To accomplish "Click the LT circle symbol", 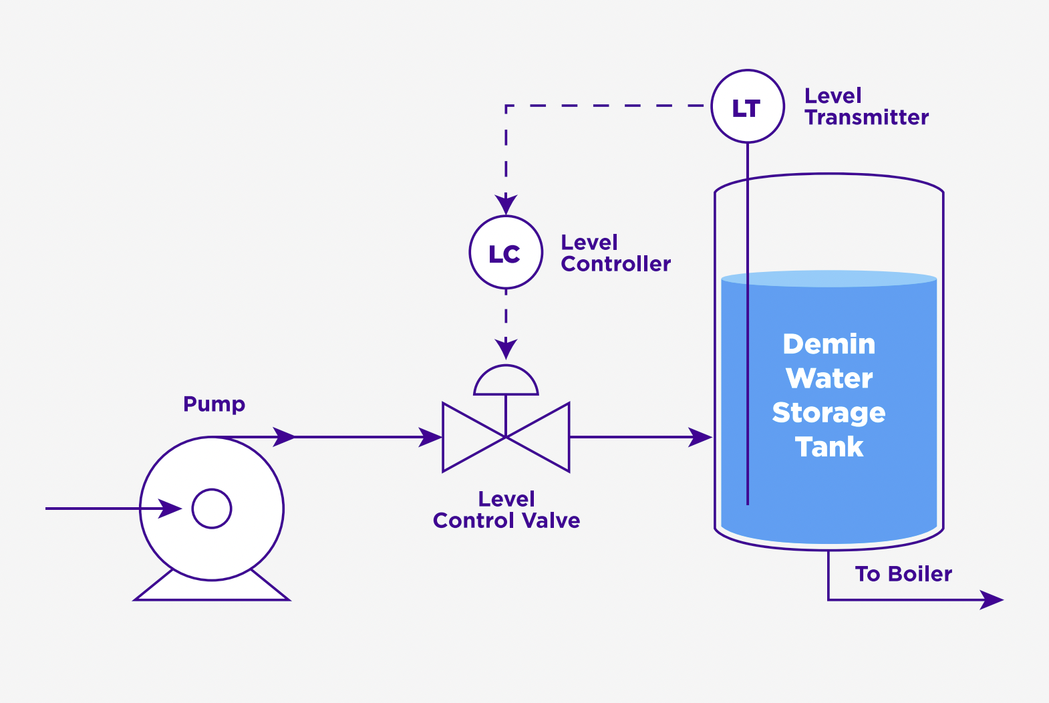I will point(747,106).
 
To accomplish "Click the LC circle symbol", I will point(506,253).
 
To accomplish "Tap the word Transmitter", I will point(867,118).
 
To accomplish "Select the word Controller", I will point(615,264).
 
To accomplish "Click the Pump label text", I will point(214,404).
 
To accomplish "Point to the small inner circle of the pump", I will point(212,509).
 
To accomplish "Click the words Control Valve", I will point(506,521).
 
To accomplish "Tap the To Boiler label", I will point(903,574).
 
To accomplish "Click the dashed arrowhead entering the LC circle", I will point(506,204).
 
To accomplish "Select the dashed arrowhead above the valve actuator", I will point(506,348).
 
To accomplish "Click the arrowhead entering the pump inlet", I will point(170,509).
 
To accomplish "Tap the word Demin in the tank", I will point(829,345).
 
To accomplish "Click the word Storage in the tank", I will point(829,413).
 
